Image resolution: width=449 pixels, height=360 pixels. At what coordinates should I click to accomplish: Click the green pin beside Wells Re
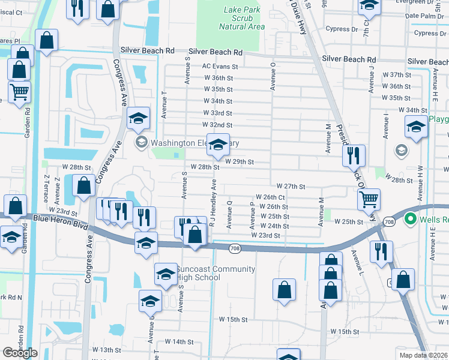click(411, 219)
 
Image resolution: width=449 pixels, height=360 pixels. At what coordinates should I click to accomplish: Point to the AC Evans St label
click(220, 67)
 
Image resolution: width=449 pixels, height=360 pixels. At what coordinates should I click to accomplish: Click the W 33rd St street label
click(217, 113)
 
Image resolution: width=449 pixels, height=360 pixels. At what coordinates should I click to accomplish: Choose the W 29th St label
click(240, 162)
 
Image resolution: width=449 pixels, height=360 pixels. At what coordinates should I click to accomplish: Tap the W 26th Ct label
click(270, 197)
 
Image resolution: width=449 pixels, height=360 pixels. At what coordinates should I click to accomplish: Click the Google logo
click(20, 352)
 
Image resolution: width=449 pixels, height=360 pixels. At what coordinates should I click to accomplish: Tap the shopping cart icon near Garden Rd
click(20, 93)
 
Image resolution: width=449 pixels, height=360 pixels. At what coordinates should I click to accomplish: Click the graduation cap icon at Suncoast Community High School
click(166, 274)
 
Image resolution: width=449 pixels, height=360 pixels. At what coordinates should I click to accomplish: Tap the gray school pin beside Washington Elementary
click(142, 142)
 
